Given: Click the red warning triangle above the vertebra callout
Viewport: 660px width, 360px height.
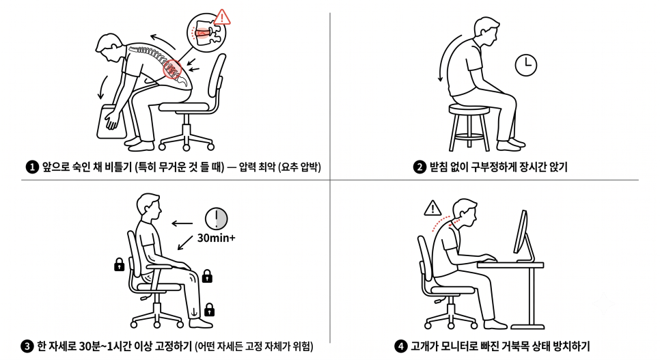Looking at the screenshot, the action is pos(222,17).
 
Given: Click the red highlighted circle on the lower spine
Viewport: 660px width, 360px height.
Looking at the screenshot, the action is pos(171,69).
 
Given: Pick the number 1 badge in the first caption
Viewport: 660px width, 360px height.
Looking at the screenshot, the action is pos(32,167).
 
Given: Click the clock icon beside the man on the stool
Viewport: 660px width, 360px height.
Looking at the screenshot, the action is pos(525,66).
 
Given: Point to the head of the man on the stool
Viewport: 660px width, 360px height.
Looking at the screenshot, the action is pos(486,29).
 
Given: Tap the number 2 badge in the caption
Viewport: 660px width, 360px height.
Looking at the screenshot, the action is pos(420,167).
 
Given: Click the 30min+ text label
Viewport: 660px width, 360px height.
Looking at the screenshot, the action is pos(217,238).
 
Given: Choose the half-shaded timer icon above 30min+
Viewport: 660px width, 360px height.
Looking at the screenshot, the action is pos(217,219).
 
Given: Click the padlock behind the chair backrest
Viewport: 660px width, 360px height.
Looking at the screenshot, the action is pos(120,264).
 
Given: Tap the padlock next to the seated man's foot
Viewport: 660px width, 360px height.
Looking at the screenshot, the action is pos(209,309).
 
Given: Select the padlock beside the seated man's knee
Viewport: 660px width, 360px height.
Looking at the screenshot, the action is pos(207,276).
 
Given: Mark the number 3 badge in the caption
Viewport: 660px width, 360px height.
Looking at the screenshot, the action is pos(27,346).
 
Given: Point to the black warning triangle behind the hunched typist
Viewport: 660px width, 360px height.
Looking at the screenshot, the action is pos(432,208).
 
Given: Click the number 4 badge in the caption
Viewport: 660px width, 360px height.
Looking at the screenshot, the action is pos(400,346).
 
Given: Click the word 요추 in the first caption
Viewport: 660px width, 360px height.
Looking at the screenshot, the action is pos(290,167).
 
